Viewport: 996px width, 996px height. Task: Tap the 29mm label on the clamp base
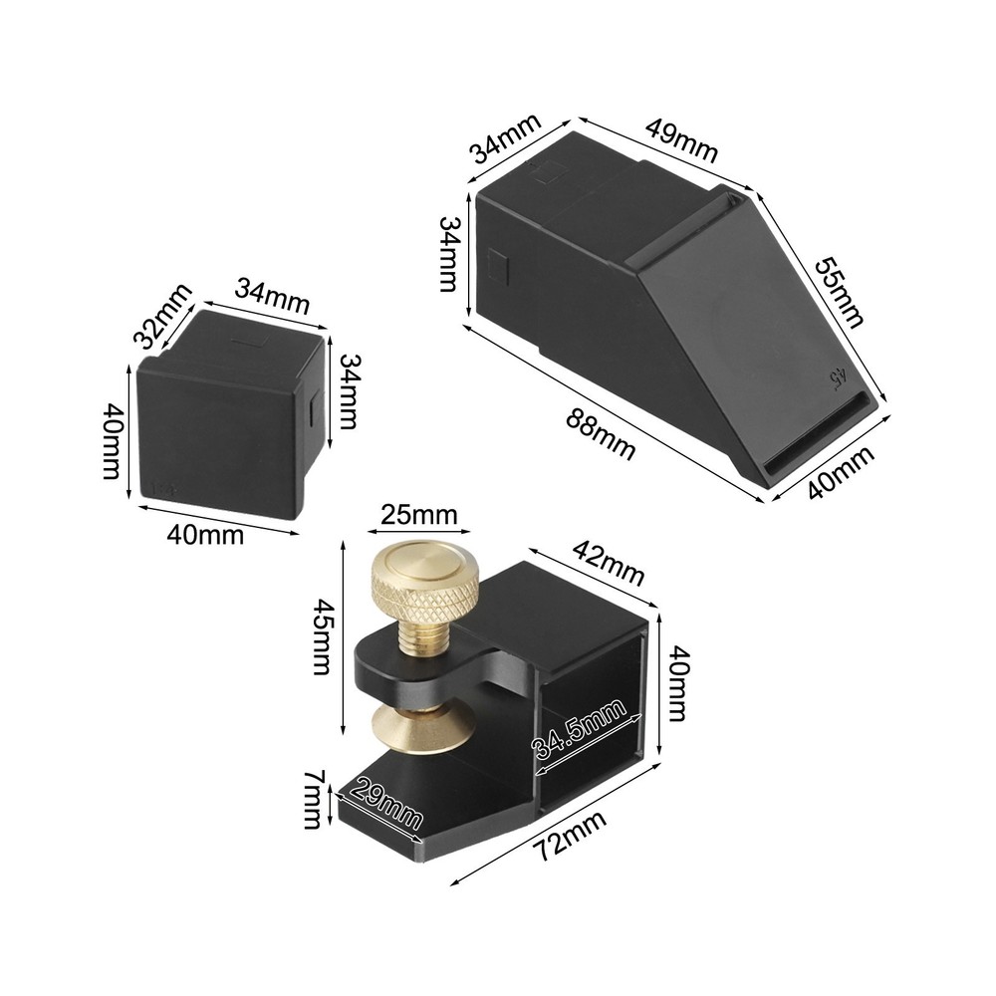click(387, 805)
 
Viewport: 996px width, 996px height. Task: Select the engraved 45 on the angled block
click(839, 376)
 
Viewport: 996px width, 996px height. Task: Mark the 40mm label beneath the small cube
click(205, 534)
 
